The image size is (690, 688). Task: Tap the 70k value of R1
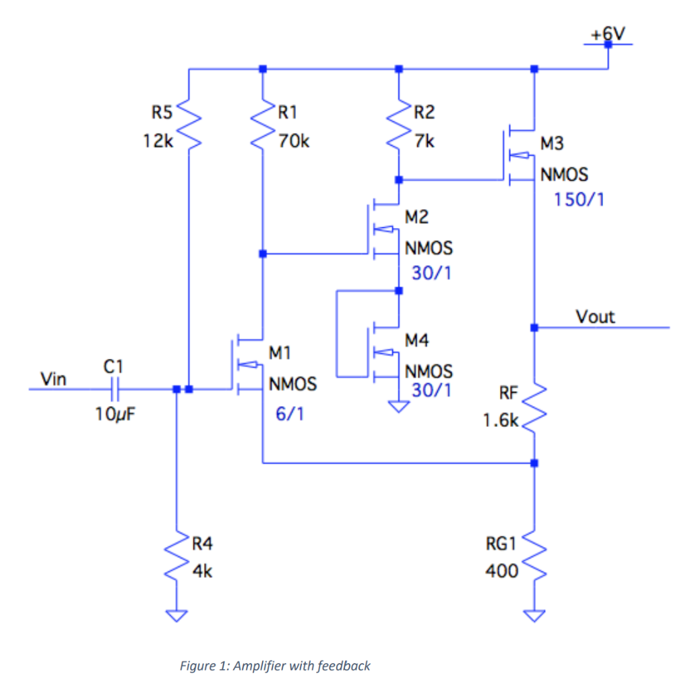click(294, 142)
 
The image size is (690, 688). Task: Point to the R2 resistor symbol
click(399, 126)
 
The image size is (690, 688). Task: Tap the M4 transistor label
click(416, 341)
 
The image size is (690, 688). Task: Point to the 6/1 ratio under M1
click(290, 413)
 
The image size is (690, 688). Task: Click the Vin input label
click(54, 379)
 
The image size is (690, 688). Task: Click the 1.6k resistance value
click(500, 421)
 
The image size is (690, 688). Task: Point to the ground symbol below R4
click(177, 615)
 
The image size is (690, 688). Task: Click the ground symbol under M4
click(399, 406)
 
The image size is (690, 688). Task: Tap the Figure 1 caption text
click(275, 666)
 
